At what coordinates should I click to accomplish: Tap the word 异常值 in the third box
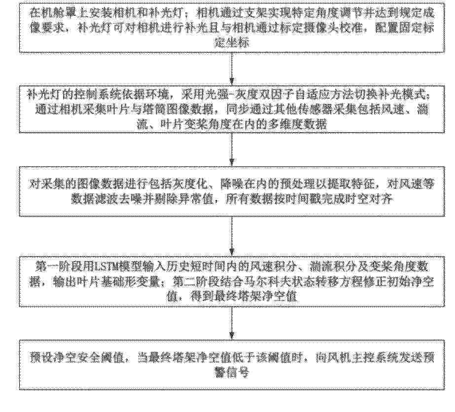211,200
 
